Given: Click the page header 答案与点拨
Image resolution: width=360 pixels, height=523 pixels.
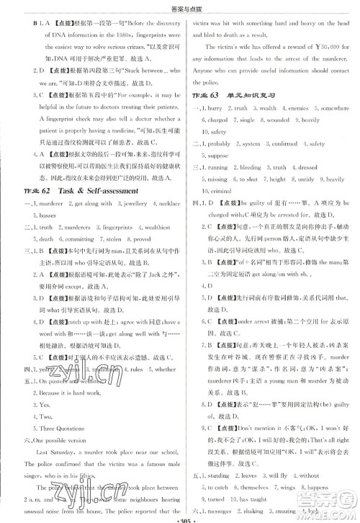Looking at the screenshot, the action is [179, 6].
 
